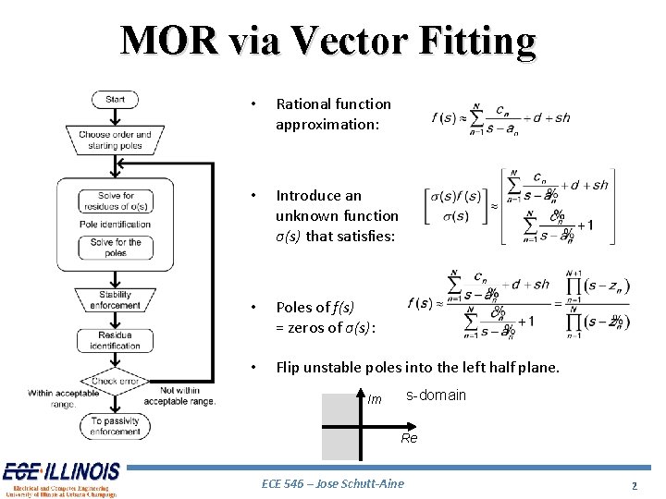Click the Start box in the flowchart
[115, 100]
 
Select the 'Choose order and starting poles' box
[115, 140]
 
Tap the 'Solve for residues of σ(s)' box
[116, 201]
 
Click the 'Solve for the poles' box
[116, 247]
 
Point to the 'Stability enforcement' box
[116, 299]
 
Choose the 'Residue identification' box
[116, 340]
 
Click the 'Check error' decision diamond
[116, 380]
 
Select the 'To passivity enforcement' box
[116, 426]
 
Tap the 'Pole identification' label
[116, 224]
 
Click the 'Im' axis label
[374, 400]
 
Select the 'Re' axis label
[409, 438]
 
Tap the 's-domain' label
[436, 396]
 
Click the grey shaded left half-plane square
[339, 425]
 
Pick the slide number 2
[635, 485]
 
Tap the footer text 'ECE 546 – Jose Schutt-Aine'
[333, 483]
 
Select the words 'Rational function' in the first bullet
[333, 104]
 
